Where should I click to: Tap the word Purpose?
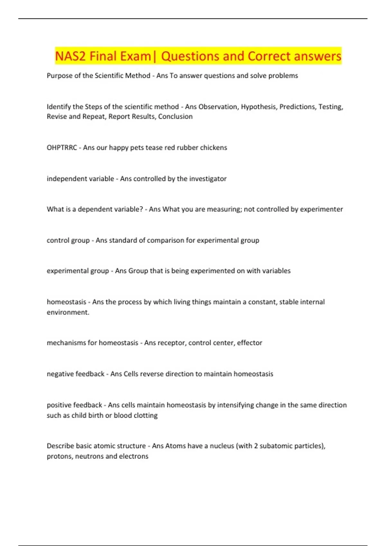[x=60, y=76]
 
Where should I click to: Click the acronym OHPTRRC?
[x=62, y=148]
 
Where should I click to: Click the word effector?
[x=250, y=343]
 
